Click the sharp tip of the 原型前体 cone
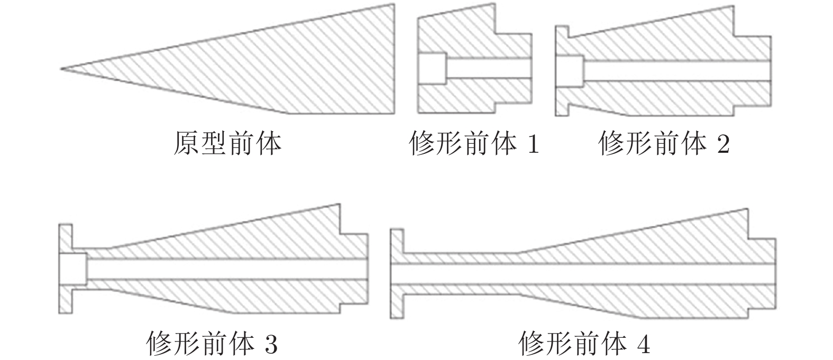[61, 68]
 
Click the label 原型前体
[227, 143]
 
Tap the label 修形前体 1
[474, 143]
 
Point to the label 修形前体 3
[211, 344]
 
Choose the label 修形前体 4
[584, 344]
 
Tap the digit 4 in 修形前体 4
[644, 345]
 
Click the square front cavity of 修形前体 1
[432, 68]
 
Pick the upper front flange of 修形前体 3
[65, 238]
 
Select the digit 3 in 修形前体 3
[270, 345]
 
